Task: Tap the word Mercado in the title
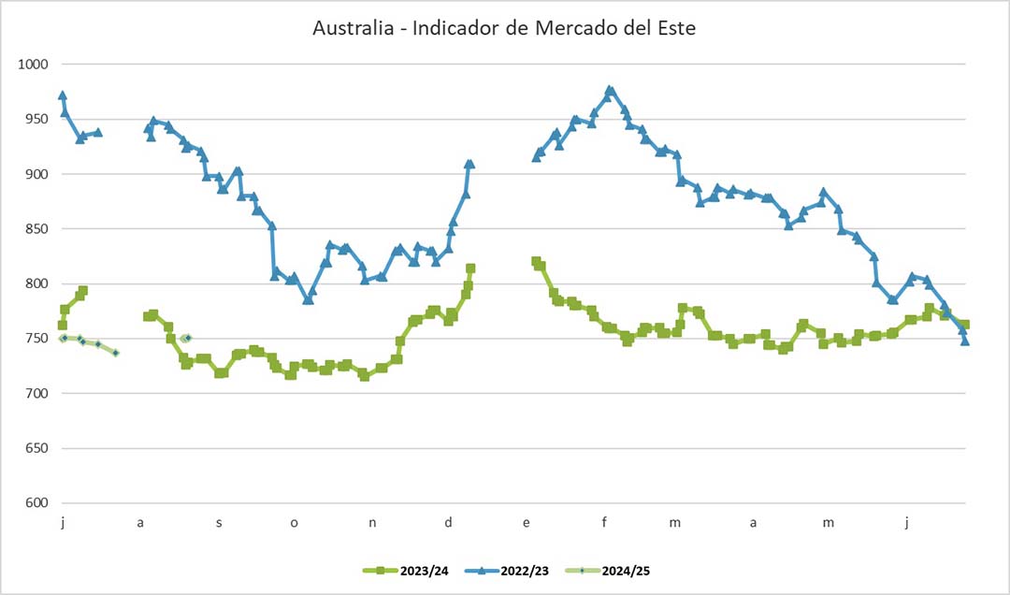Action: pyautogui.click(x=571, y=28)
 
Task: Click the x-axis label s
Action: pyautogui.click(x=219, y=523)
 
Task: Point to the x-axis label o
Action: pyautogui.click(x=294, y=523)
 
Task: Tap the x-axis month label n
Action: pyautogui.click(x=372, y=523)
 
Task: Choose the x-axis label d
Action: pyautogui.click(x=449, y=523)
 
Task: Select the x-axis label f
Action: pyautogui.click(x=605, y=523)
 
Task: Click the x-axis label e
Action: pyautogui.click(x=527, y=523)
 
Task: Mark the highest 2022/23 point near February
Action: pyautogui.click(x=610, y=91)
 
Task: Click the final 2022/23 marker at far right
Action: pyautogui.click(x=965, y=341)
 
